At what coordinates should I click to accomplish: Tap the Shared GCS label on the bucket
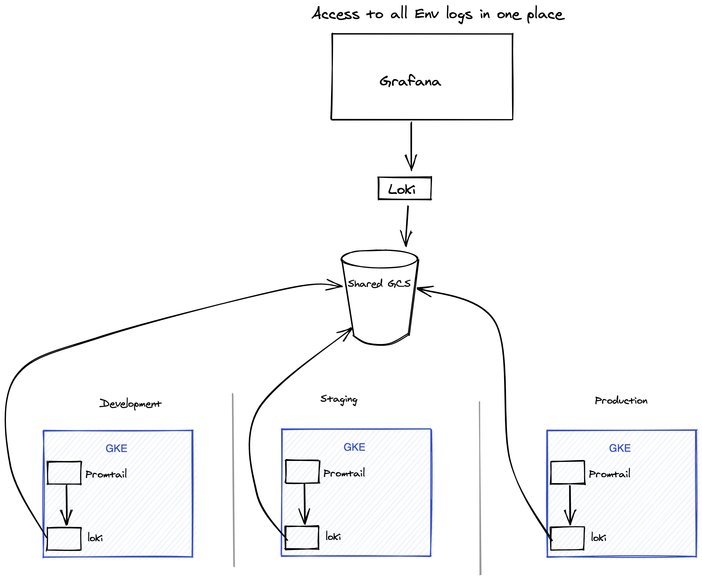[x=379, y=283]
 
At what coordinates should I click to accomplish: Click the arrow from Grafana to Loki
[x=411, y=146]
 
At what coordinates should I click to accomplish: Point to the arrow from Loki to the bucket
[x=407, y=226]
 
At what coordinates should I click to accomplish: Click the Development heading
[x=130, y=404]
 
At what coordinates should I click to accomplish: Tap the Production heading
[x=621, y=400]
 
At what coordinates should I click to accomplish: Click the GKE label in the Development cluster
[x=116, y=448]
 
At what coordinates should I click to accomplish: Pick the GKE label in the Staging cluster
[x=354, y=447]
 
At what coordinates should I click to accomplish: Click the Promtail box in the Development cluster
[x=64, y=473]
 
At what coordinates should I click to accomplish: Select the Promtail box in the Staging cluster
[x=302, y=471]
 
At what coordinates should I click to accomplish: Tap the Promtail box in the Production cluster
[x=567, y=472]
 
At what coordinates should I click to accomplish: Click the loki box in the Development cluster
[x=64, y=539]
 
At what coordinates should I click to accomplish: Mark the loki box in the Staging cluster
[x=302, y=537]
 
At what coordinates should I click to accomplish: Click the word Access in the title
[x=336, y=14]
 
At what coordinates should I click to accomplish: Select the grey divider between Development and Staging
[x=233, y=480]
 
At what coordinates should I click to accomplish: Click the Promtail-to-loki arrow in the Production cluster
[x=570, y=505]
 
